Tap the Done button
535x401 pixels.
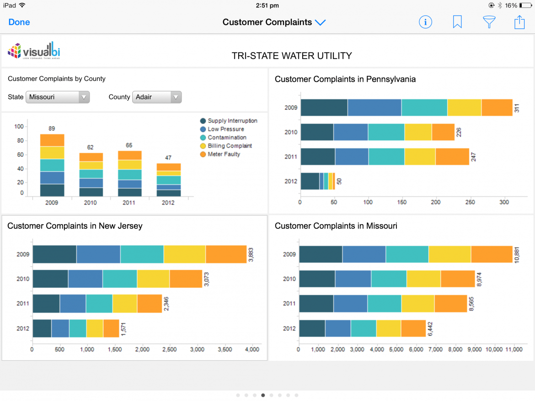(x=19, y=22)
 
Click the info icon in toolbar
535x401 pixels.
(x=425, y=22)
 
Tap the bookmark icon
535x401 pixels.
(x=457, y=22)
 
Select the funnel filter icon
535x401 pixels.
(x=489, y=22)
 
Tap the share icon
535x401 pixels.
(x=519, y=22)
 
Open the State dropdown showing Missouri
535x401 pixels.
(x=58, y=97)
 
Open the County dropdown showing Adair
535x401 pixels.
(x=157, y=97)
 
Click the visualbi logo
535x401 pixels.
(x=34, y=51)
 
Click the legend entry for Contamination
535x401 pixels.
(x=227, y=137)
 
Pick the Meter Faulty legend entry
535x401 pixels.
(x=224, y=154)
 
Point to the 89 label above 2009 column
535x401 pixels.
(x=52, y=129)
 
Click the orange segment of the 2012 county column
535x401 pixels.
(x=168, y=167)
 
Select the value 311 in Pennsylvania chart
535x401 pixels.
(x=517, y=108)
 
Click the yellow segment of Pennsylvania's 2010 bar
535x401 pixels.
(x=418, y=132)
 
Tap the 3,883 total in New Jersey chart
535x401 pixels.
(x=251, y=254)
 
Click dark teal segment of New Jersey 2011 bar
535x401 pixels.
(x=46, y=304)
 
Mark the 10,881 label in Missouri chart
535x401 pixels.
(x=517, y=254)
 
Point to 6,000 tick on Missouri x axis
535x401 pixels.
(x=416, y=349)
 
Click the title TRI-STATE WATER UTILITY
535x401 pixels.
(x=292, y=56)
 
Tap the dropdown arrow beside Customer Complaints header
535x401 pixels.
(x=320, y=22)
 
